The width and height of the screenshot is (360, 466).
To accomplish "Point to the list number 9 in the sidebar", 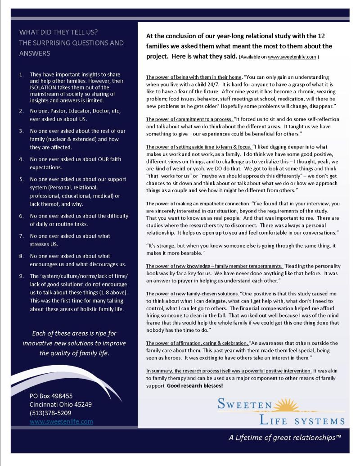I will click(21, 276).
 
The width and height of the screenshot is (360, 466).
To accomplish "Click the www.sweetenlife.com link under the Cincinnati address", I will click(61, 421).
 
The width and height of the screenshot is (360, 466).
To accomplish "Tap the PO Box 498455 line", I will click(51, 396).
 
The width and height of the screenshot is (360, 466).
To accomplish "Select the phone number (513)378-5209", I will click(50, 413).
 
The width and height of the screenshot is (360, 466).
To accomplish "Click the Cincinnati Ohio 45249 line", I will click(61, 404).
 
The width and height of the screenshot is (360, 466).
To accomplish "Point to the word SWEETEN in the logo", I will click(245, 404).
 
